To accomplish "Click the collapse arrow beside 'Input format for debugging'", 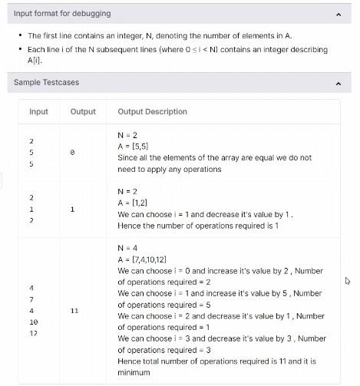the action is click(339, 14).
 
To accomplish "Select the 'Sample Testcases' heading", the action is click(46, 82).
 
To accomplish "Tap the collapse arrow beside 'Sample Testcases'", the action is click(339, 82).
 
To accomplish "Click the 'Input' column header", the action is click(38, 111).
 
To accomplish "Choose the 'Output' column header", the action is click(83, 111).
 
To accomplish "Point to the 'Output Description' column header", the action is click(152, 111).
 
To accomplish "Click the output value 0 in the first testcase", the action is click(72, 153).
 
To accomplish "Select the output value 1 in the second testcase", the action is click(72, 209).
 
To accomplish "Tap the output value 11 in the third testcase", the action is click(74, 312).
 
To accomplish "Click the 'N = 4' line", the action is click(127, 249).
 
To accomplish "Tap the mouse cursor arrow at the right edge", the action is click(348, 281).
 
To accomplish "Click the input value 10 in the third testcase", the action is click(33, 322).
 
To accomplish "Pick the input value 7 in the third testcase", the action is click(31, 299).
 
